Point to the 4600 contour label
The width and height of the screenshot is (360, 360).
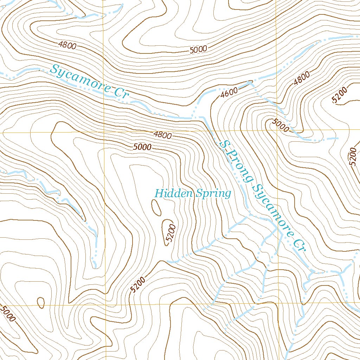[229, 92]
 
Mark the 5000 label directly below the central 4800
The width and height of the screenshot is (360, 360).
[142, 147]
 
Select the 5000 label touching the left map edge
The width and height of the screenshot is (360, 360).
[8, 314]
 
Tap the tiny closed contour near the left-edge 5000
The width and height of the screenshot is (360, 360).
[41, 302]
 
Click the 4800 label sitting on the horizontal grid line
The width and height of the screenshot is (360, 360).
[162, 135]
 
